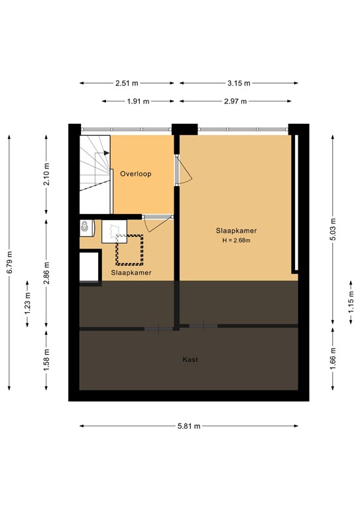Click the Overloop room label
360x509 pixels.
[x=136, y=174]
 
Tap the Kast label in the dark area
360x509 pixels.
[x=190, y=360]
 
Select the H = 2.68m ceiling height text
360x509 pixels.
[x=236, y=240]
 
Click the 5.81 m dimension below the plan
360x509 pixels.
[x=189, y=426]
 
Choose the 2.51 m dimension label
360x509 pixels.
[x=127, y=84]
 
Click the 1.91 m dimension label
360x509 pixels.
[x=139, y=101]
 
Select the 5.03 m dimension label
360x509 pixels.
[x=333, y=230]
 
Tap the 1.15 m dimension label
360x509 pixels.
[x=351, y=302]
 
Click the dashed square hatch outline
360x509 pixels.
[x=130, y=249]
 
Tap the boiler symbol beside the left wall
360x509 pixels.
[x=84, y=227]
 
